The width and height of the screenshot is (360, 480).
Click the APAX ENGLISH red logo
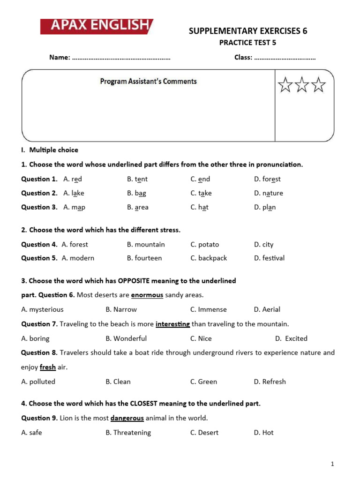click(x=96, y=26)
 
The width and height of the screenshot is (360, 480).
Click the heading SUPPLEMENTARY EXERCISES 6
click(x=248, y=31)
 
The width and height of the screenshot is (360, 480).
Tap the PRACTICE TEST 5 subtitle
click(x=248, y=43)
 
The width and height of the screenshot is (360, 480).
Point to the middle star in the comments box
click(x=302, y=85)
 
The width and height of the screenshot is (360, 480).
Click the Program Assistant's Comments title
click(x=148, y=81)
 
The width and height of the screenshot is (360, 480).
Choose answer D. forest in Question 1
click(x=267, y=179)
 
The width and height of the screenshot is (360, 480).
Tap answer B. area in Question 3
click(x=137, y=207)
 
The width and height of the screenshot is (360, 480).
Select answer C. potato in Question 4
click(x=204, y=244)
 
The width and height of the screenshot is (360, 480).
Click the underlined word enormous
click(x=147, y=295)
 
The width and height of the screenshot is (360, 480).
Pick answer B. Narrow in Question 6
click(x=121, y=309)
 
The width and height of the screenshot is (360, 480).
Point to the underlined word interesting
click(x=172, y=324)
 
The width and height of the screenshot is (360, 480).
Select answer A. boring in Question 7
click(x=35, y=338)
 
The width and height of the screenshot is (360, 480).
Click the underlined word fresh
click(x=48, y=367)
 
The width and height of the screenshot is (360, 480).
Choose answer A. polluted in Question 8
click(x=38, y=382)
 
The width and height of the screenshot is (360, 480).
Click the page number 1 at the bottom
click(x=332, y=464)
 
